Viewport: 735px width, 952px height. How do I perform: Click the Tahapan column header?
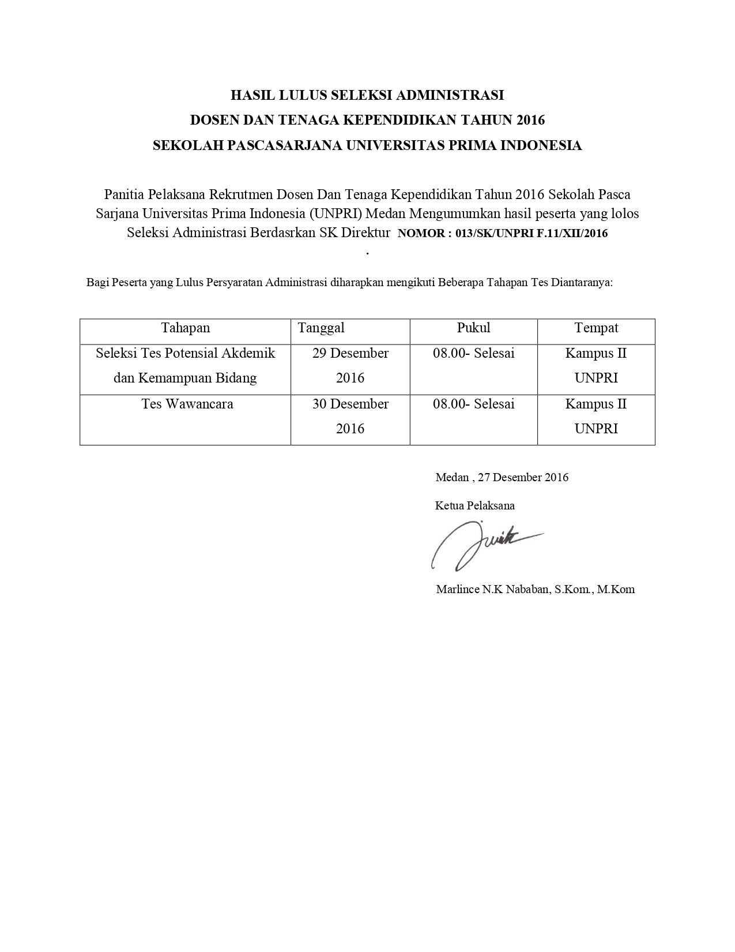[185, 328]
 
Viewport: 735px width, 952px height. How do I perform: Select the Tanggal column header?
[321, 328]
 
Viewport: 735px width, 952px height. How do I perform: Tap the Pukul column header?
[473, 328]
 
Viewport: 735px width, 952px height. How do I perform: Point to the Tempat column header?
[596, 328]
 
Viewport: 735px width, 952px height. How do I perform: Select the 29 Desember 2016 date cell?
[350, 365]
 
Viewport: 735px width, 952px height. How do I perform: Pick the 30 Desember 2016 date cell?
[350, 416]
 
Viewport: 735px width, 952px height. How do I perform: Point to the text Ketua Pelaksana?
[474, 506]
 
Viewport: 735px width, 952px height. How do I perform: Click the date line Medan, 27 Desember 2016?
[502, 477]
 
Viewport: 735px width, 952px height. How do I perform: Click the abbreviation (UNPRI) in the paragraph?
[335, 213]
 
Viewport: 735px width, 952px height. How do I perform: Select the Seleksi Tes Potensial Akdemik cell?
[185, 353]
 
